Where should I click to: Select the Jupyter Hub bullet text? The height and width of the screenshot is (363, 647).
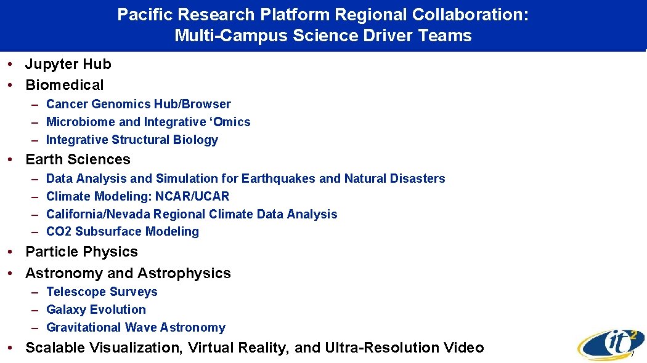tap(68, 64)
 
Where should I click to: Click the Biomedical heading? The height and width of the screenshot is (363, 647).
tap(64, 85)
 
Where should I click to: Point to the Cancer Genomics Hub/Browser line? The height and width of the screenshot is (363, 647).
tap(138, 104)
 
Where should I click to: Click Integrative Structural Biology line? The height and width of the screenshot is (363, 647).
tap(132, 140)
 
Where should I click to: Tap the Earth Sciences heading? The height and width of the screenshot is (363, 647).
tap(78, 159)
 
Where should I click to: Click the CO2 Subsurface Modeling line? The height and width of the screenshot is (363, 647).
tap(123, 231)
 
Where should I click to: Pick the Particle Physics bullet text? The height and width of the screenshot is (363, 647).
tap(81, 252)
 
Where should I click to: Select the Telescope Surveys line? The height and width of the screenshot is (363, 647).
tap(102, 292)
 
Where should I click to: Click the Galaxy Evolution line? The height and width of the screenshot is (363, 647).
tap(96, 309)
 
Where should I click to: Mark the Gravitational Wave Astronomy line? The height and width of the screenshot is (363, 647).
tap(136, 327)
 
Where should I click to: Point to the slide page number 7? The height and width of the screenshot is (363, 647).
tap(632, 355)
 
